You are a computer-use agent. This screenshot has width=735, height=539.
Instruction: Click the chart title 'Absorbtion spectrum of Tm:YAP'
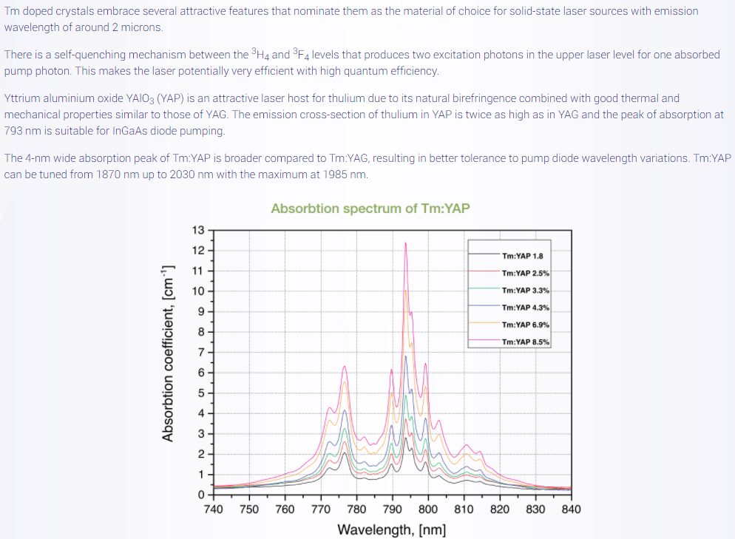[x=370, y=209]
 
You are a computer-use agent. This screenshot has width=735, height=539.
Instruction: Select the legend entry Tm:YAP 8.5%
[x=524, y=342]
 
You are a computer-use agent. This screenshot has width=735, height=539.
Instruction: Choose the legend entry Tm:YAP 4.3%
[x=524, y=308]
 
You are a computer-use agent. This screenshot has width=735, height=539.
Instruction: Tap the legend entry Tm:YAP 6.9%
[x=524, y=325]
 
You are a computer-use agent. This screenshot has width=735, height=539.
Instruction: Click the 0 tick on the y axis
[x=201, y=494]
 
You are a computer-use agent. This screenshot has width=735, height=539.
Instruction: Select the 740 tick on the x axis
[x=213, y=509]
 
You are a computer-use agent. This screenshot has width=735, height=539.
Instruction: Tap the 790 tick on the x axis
[x=392, y=509]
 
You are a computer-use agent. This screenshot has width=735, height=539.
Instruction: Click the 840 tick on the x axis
[x=572, y=509]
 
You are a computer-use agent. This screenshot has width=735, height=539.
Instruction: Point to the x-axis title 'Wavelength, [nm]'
[x=391, y=529]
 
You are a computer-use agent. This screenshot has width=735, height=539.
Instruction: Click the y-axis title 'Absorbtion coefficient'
[x=168, y=353]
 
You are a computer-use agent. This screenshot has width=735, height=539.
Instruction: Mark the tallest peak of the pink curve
[x=406, y=243]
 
